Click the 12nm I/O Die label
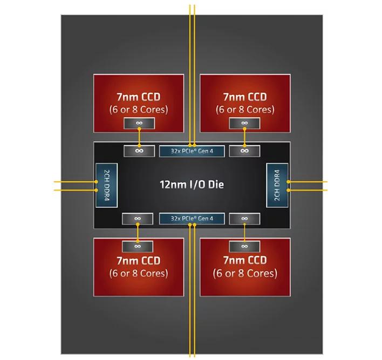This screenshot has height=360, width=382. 192,185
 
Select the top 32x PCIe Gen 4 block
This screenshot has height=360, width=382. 192,151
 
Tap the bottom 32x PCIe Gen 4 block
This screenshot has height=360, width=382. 192,219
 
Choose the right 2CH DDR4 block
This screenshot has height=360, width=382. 277,185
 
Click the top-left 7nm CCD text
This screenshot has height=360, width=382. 139,97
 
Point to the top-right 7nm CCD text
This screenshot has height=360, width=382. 244,97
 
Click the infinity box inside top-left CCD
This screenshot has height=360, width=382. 139,124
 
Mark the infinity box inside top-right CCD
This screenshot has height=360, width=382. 244,124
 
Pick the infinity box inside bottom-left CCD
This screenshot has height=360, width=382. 139,246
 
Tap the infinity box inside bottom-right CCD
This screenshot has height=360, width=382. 244,246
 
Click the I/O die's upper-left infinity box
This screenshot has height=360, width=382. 139,151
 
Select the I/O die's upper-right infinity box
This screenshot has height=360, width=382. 244,151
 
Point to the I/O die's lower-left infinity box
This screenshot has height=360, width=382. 139,219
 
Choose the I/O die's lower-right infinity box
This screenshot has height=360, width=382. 244,219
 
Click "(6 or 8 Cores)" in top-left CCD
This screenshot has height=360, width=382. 139,110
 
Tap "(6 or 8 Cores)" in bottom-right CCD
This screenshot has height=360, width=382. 244,274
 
